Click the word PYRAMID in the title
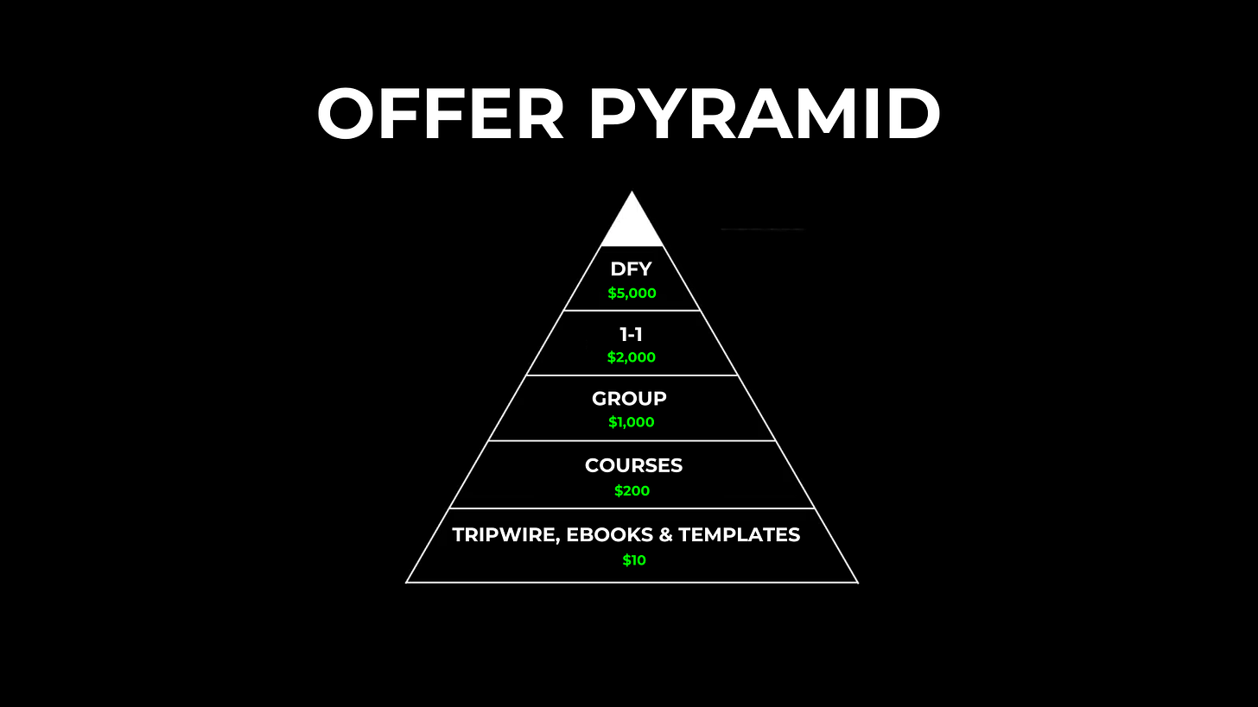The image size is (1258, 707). (x=765, y=115)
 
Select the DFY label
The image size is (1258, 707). (x=632, y=269)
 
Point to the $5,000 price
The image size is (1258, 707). (x=632, y=294)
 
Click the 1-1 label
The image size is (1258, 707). (x=632, y=334)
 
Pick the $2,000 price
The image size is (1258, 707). (x=632, y=357)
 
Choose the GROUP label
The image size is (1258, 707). (x=629, y=399)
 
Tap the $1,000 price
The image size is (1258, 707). (x=632, y=423)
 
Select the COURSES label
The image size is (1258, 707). (x=633, y=465)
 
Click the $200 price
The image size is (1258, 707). (x=632, y=491)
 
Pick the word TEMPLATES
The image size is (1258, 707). (x=739, y=535)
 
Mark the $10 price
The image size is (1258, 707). (x=633, y=560)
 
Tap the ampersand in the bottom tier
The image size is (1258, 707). (x=665, y=535)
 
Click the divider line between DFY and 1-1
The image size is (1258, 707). (x=632, y=310)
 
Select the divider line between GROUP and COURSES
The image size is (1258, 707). (x=632, y=441)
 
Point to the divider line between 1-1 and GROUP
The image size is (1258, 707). (x=632, y=376)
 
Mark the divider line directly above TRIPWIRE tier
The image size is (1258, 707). (x=632, y=508)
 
